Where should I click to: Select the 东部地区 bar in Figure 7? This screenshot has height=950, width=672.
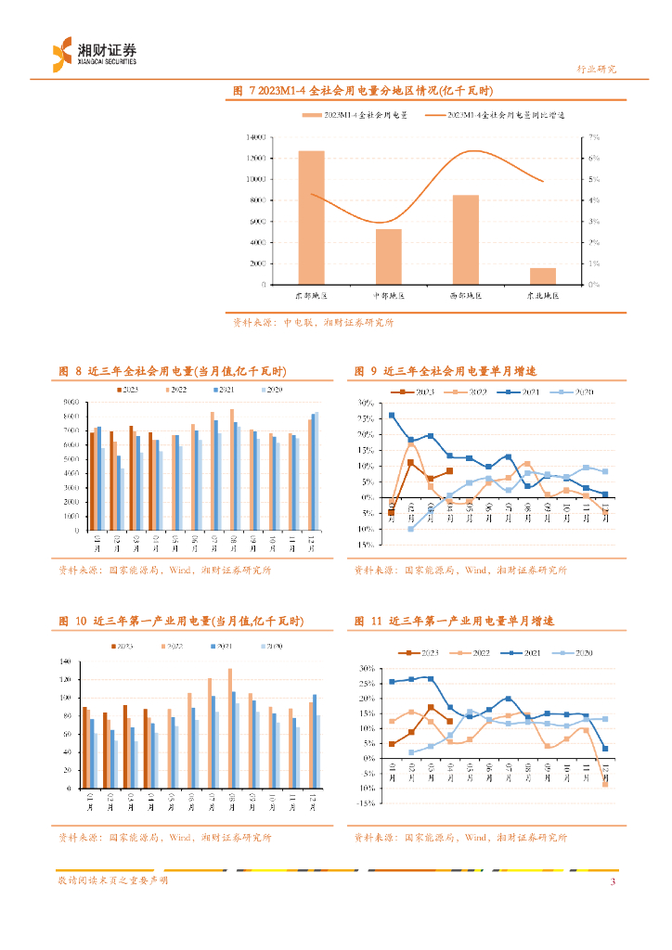[311, 217]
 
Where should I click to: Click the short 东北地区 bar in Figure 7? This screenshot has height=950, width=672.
[543, 276]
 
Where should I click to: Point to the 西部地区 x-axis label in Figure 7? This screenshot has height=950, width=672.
[466, 296]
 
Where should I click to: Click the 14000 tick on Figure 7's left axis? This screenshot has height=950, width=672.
[256, 136]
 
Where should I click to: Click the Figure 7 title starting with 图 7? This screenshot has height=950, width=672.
[364, 91]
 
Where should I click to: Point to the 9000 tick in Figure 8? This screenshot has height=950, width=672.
[71, 402]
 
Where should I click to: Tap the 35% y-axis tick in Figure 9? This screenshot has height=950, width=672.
[364, 404]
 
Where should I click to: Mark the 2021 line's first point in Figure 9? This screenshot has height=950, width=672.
[392, 416]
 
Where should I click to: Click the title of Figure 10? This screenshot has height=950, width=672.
[181, 621]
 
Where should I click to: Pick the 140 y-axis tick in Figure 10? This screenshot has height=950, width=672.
[65, 661]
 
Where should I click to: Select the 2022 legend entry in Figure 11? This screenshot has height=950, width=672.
[473, 654]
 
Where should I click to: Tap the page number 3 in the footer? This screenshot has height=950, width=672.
[613, 881]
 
